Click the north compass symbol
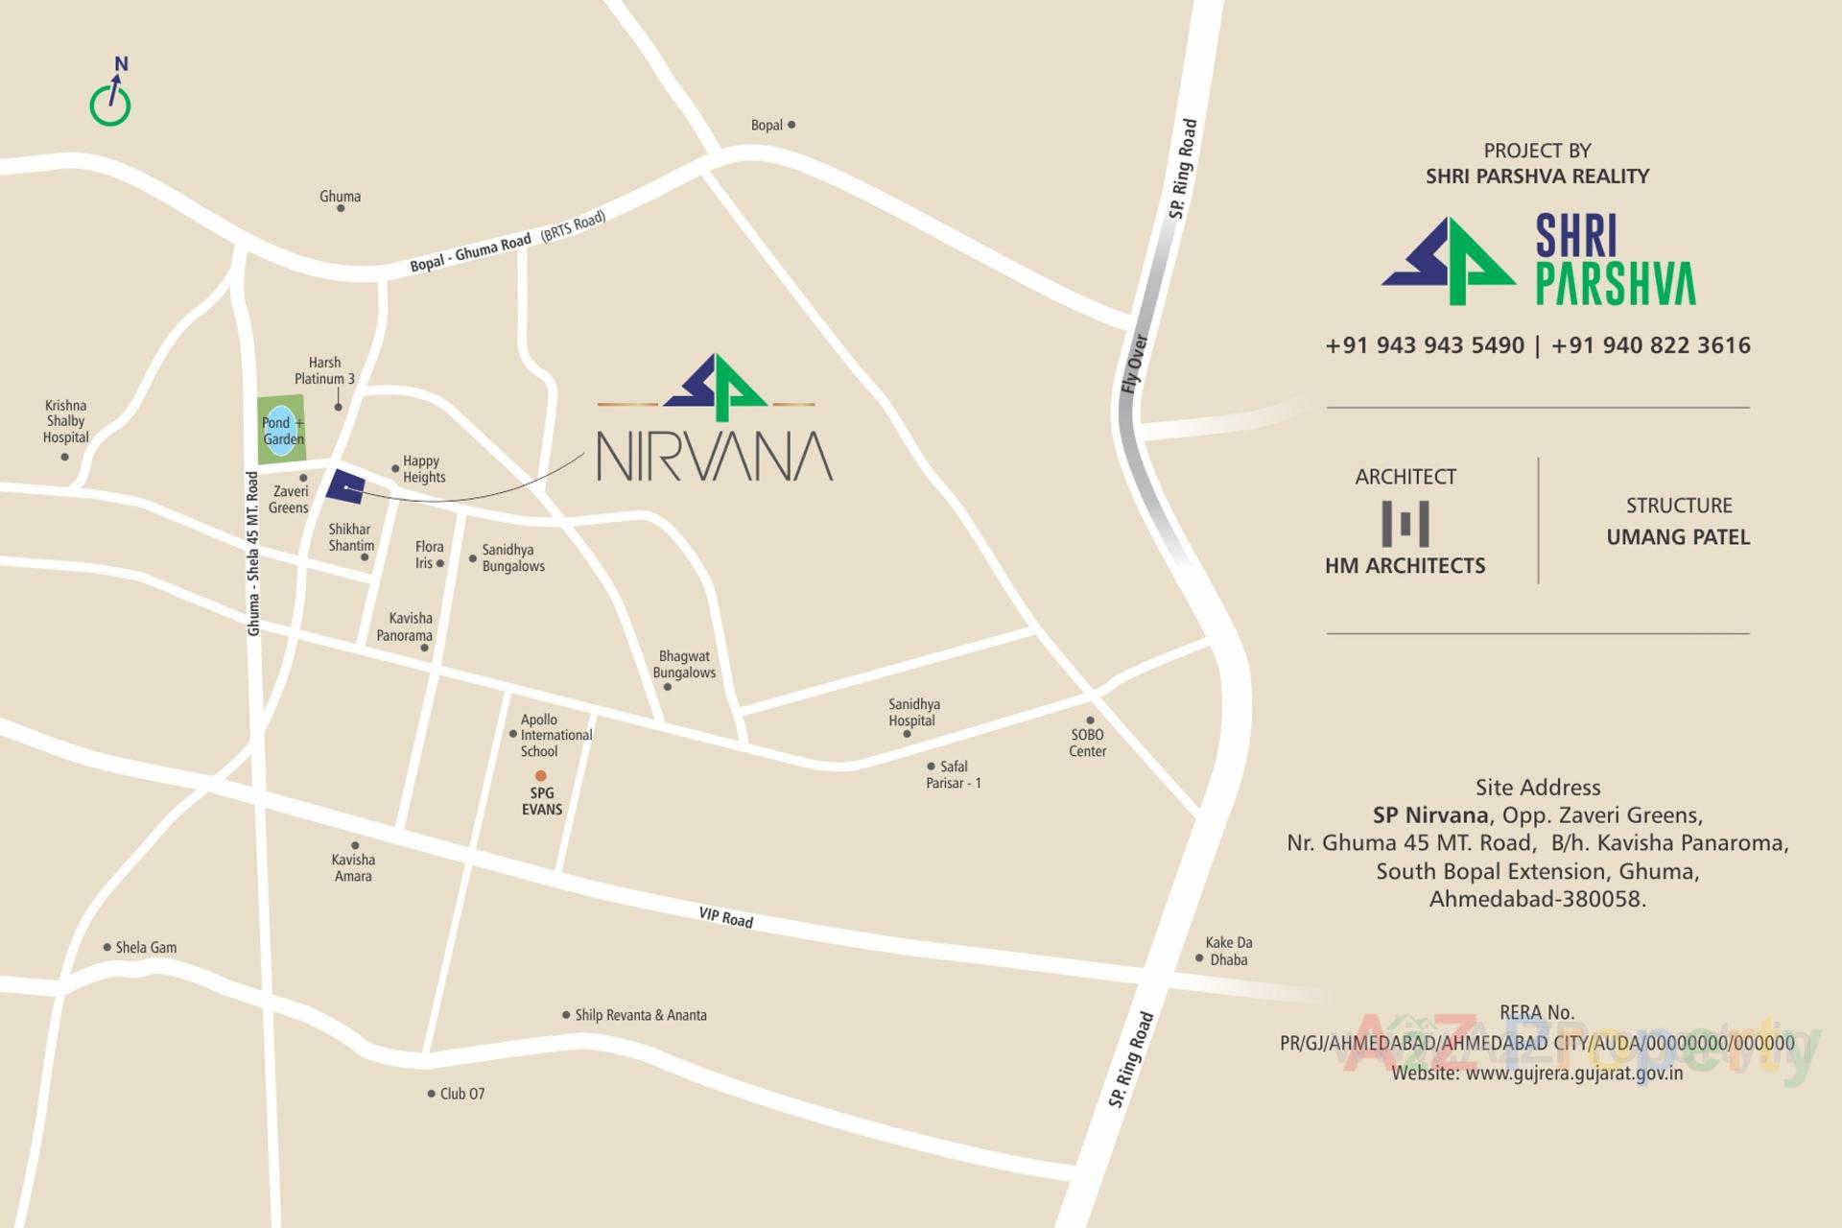(110, 96)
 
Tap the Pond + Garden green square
(281, 429)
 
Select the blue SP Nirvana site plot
(345, 487)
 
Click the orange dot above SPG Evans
(541, 775)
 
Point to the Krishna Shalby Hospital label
(65, 421)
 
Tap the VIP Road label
(725, 918)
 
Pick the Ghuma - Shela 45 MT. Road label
(253, 554)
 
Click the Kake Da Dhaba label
(1228, 951)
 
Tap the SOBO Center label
(1087, 743)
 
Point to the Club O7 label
(461, 1094)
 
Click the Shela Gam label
(146, 947)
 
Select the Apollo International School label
(555, 735)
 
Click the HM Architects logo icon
(1405, 524)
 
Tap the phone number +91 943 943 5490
(1424, 345)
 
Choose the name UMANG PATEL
(1678, 537)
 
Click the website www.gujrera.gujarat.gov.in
(1573, 1073)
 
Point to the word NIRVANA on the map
(715, 457)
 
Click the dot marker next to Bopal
(791, 125)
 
